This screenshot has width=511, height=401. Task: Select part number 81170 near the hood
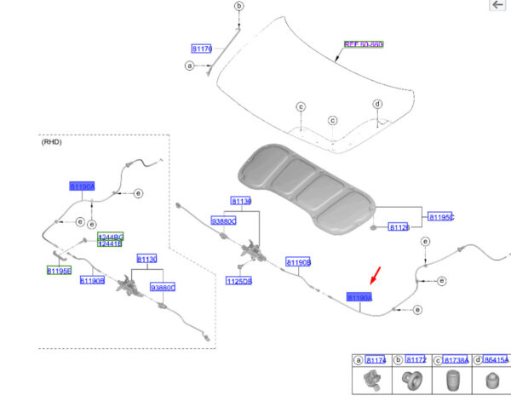click(x=202, y=49)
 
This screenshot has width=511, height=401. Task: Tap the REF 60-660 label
click(x=364, y=43)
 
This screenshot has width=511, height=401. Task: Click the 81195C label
click(x=440, y=217)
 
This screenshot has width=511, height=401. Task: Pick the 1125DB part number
click(x=238, y=280)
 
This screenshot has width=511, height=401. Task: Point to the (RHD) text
click(x=52, y=142)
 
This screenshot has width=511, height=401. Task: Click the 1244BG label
click(x=110, y=236)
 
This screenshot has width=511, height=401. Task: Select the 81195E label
click(x=60, y=271)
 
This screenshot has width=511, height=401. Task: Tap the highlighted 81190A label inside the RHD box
click(x=82, y=186)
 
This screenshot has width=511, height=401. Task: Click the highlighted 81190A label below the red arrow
click(x=359, y=296)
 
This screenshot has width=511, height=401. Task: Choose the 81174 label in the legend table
click(x=376, y=361)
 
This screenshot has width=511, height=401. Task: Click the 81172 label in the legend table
click(x=416, y=361)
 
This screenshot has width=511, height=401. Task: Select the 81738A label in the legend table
click(x=456, y=361)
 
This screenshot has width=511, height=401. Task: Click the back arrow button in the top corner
click(x=497, y=5)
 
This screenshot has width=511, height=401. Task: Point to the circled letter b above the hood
click(x=238, y=7)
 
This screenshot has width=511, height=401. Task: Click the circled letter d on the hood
click(x=377, y=104)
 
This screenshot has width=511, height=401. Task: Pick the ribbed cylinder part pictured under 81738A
click(x=451, y=381)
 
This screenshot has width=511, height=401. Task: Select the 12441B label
click(x=110, y=243)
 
